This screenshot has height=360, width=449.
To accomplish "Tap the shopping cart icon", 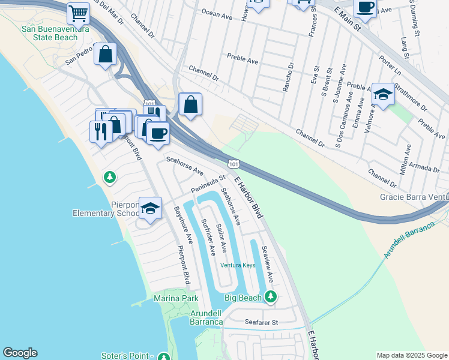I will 77,13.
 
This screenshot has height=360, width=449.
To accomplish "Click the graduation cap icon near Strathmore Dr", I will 382,94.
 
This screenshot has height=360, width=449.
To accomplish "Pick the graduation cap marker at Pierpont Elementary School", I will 151,208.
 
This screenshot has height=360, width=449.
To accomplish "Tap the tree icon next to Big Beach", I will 271,296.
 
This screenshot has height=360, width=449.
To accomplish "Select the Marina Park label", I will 175,298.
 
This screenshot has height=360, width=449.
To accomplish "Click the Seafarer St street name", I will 261,322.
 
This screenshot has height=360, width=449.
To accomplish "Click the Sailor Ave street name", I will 221,238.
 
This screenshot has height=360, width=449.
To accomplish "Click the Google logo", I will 20,353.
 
